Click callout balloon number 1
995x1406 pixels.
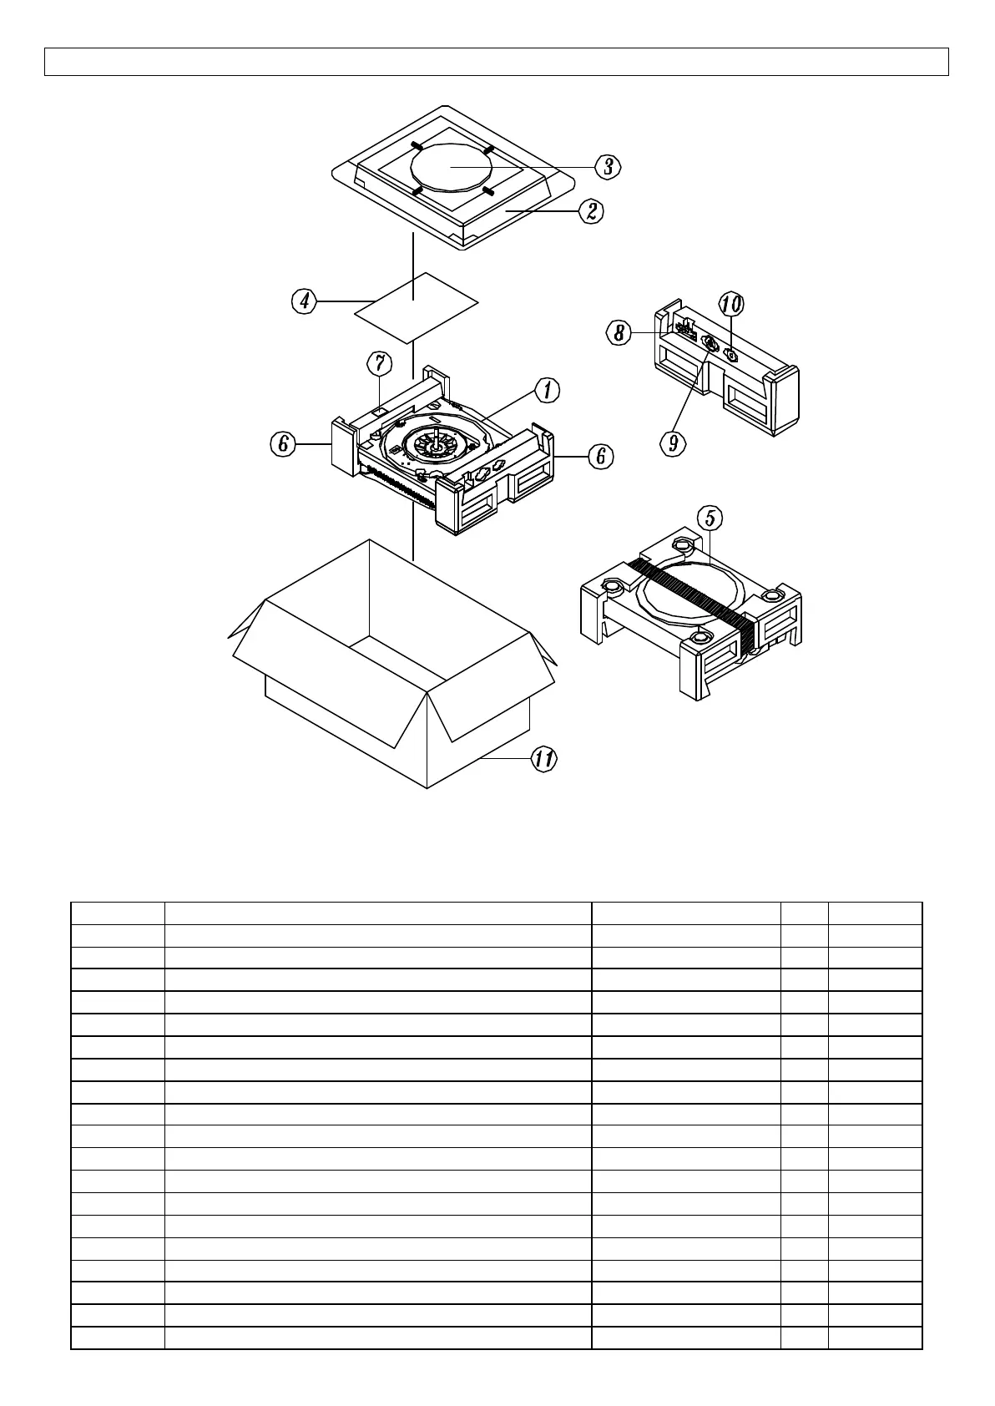point(548,389)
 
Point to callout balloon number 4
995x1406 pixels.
point(305,301)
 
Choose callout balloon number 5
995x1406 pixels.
point(710,518)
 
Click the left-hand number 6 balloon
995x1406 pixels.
point(284,444)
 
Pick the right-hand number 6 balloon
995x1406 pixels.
point(600,456)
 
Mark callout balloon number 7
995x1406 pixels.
point(380,363)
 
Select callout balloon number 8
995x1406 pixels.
point(619,333)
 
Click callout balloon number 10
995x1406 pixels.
point(731,303)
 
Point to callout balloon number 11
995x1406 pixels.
point(544,759)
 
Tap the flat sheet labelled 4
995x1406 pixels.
point(416,307)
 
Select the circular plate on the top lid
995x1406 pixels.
point(451,167)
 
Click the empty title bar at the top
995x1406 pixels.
point(497,62)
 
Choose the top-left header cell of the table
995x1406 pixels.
point(118,913)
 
